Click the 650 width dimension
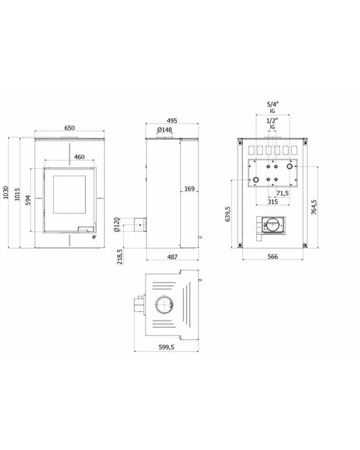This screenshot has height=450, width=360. click(69, 128)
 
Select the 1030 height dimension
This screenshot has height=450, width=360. click(6, 193)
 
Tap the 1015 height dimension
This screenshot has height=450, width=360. click(17, 194)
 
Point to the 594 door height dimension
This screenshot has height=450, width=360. click(28, 200)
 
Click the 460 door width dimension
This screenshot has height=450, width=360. click(79, 157)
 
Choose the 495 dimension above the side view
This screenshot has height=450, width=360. click(172, 121)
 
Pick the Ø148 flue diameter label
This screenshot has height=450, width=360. click(165, 130)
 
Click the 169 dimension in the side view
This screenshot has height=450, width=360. click(189, 189)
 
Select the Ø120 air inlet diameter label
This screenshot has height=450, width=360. click(116, 225)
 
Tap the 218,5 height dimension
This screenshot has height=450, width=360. click(120, 257)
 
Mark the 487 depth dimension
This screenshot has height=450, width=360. click(172, 257)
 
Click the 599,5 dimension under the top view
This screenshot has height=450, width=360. click(166, 347)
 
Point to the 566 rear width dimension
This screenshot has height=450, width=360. click(273, 256)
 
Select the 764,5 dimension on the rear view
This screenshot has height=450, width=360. click(314, 207)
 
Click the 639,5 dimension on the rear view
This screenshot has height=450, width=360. click(228, 214)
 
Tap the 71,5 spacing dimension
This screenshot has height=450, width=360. click(282, 193)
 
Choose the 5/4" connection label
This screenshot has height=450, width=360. click(273, 104)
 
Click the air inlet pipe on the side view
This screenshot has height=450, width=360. click(139, 225)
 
